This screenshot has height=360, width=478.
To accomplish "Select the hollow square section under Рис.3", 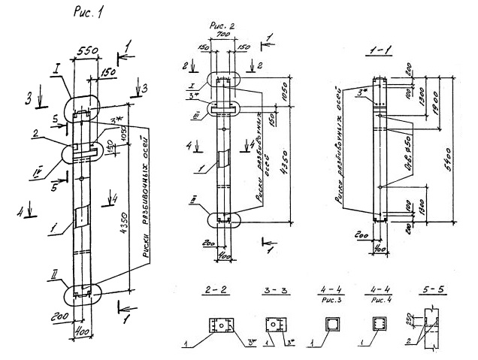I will [x=330, y=325].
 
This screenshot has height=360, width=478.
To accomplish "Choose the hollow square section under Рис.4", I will [x=380, y=325].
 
